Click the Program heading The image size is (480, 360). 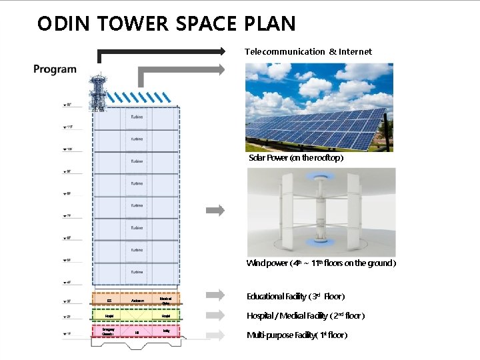pyautogui.click(x=55, y=69)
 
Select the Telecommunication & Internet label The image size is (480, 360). pyautogui.click(x=308, y=51)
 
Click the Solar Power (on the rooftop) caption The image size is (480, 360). pyautogui.click(x=296, y=158)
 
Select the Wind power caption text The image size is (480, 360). pyautogui.click(x=321, y=263)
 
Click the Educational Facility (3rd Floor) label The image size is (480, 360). pyautogui.click(x=295, y=296)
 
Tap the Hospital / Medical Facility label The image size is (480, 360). pyautogui.click(x=305, y=315)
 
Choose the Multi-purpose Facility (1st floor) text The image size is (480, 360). pyautogui.click(x=297, y=335)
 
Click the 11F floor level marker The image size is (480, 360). pyautogui.click(x=69, y=127)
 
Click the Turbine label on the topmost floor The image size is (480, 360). pyautogui.click(x=137, y=117)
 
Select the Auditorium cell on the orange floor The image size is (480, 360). pyautogui.click(x=138, y=301)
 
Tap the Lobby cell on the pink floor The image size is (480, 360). pyautogui.click(x=165, y=330)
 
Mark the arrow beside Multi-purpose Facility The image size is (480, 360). pyautogui.click(x=215, y=334)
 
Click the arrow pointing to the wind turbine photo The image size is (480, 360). pyautogui.click(x=215, y=210)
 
